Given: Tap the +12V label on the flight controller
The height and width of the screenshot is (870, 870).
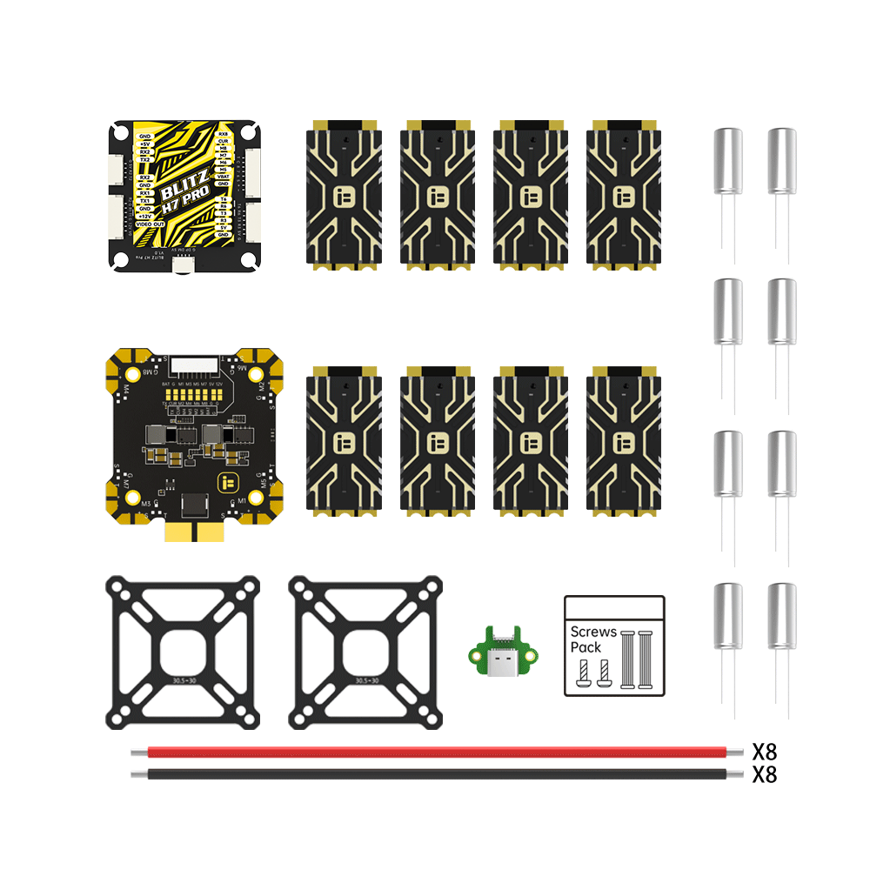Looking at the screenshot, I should click(x=145, y=216).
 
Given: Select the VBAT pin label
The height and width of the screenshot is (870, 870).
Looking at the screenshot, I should click(x=223, y=177).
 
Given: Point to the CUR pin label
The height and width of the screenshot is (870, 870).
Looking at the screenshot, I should click(x=223, y=141).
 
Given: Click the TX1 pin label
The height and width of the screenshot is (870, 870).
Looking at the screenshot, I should click(x=145, y=200).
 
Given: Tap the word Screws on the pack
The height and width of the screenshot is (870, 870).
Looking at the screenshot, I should click(x=593, y=632).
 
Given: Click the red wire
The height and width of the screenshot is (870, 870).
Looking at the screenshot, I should click(x=435, y=751).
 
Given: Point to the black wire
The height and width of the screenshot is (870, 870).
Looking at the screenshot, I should click(x=435, y=773).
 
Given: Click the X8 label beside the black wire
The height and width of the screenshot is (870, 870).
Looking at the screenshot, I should click(x=764, y=774).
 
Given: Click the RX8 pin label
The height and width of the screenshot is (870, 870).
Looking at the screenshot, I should click(x=223, y=134).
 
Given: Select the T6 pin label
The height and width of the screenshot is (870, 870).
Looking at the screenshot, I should click(x=223, y=199).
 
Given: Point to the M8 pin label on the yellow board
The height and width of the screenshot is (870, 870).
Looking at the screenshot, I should click(x=223, y=149).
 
